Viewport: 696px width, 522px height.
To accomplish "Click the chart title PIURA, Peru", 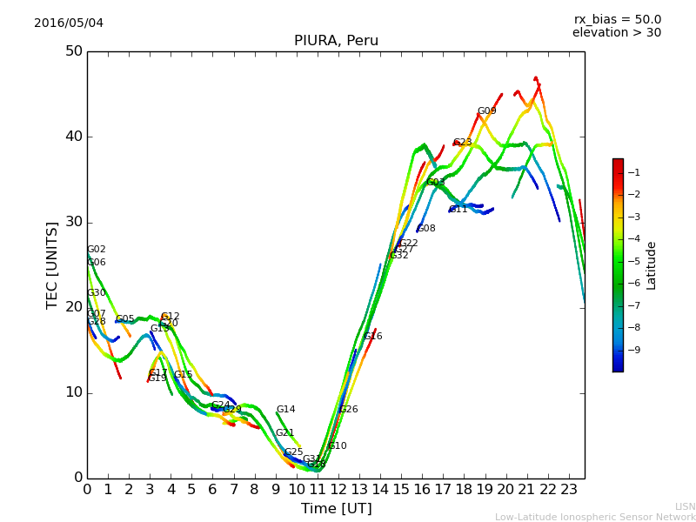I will pos(335,40).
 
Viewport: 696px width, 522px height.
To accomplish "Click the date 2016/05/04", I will pos(69,23).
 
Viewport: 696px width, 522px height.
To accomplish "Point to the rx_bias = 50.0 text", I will pos(618,19).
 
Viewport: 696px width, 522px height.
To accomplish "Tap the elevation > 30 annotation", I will pos(617,33).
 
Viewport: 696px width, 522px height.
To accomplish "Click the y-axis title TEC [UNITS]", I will pos(52,264).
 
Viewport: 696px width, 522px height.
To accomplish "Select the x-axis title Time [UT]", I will pos(336,509).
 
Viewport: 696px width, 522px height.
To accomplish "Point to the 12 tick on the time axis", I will pos(338,490).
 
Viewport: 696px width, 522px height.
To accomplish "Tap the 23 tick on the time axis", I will pos(568,490).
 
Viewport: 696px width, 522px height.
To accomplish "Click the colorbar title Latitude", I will pos(651,265).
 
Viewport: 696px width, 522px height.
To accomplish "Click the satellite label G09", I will pos(486,111).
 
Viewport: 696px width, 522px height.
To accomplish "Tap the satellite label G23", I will pos(462,143).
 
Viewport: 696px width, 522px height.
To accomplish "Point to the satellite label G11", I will pos(458,210).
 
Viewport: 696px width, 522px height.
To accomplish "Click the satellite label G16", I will pos(373,337).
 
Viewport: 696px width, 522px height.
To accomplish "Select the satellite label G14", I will pos(285,410).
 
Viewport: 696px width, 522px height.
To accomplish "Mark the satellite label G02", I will pos(96,250).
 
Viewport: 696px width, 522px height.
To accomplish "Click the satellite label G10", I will pos(337,446).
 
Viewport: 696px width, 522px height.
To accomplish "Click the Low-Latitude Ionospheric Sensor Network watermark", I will pos(595,517).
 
